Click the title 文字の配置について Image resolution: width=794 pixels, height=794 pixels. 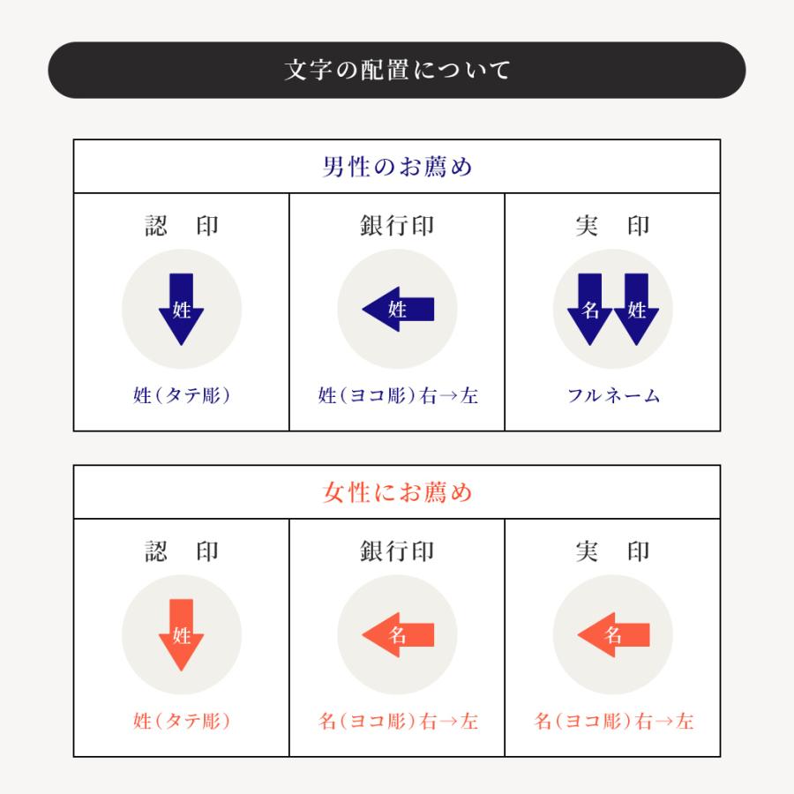tap(397, 70)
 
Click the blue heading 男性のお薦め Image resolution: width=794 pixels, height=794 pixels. tap(397, 167)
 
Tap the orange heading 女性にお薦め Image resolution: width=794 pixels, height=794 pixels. tap(397, 492)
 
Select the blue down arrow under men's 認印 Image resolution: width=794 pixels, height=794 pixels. tap(181, 310)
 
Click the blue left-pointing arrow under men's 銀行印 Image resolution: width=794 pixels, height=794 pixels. tap(398, 310)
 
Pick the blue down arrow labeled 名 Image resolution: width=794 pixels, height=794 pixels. tap(590, 310)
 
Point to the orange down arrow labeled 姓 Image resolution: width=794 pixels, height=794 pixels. tap(181, 635)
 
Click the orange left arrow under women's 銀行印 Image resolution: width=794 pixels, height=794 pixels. tap(398, 635)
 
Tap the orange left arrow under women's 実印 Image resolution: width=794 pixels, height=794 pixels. tap(613, 635)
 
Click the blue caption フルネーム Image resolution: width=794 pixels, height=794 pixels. tap(613, 395)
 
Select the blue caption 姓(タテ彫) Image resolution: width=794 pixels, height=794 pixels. tap(181, 395)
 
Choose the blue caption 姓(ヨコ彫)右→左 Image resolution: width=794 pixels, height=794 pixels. tap(398, 395)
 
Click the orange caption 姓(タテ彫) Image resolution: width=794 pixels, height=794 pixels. tap(181, 721)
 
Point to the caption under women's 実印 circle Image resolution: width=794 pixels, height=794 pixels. tap(613, 721)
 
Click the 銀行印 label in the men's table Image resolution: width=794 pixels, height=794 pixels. tap(397, 226)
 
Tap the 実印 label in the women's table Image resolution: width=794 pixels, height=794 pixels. tap(612, 551)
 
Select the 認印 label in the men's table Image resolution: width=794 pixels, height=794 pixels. tap(181, 226)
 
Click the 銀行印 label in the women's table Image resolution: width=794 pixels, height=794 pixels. tap(397, 551)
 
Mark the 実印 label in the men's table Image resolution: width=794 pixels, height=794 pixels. tap(612, 226)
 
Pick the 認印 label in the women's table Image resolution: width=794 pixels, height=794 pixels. tap(181, 551)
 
